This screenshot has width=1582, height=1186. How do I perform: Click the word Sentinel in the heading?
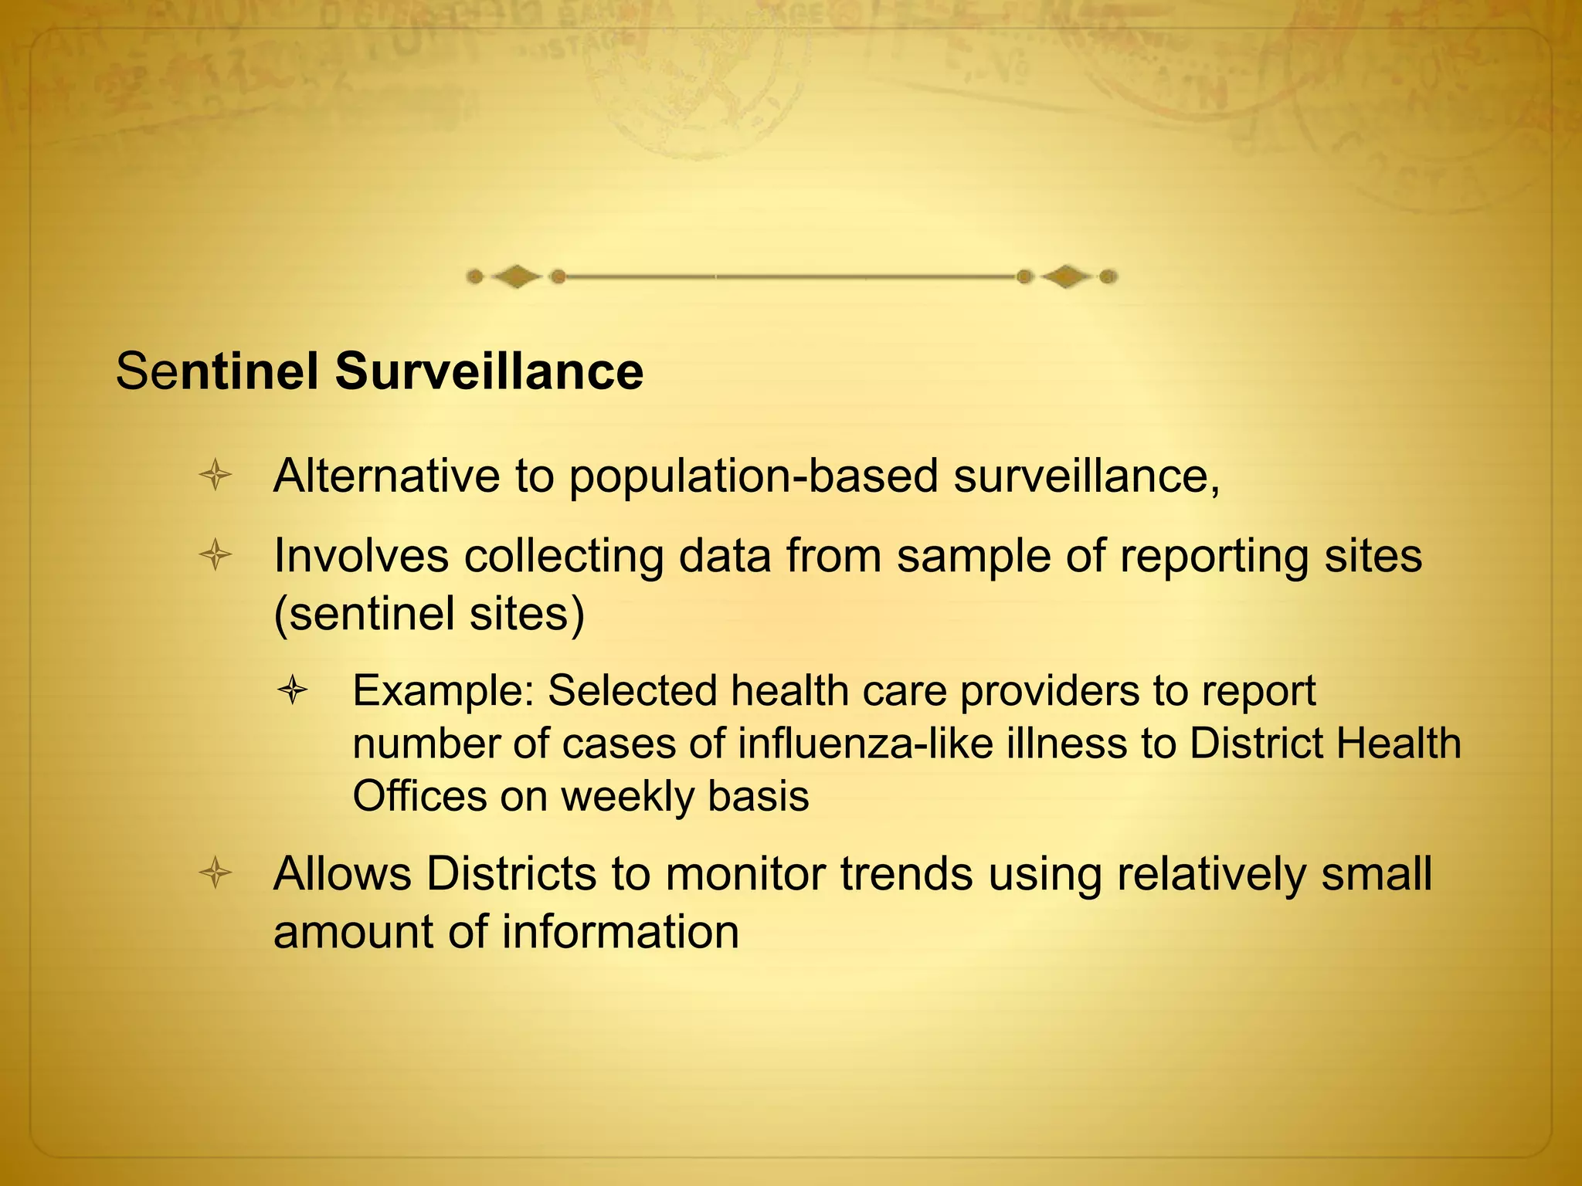[x=217, y=371]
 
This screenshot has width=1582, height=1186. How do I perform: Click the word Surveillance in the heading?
[x=489, y=371]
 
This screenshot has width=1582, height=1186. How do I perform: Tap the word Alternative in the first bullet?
[x=386, y=476]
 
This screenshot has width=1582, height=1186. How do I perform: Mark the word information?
[x=620, y=932]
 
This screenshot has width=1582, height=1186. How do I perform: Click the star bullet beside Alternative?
[x=216, y=476]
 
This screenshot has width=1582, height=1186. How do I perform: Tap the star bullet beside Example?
[x=293, y=690]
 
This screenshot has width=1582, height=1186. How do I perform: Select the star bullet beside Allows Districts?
[x=216, y=874]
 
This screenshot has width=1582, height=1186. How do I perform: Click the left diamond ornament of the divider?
[x=516, y=276]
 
